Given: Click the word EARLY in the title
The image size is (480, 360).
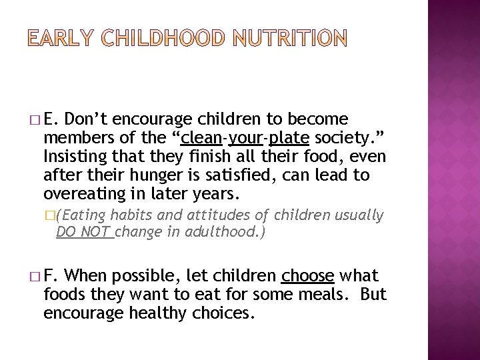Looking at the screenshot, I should [x=62, y=39].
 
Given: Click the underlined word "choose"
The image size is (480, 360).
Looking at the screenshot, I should [x=307, y=275].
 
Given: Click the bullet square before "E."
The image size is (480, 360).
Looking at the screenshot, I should [x=33, y=121].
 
